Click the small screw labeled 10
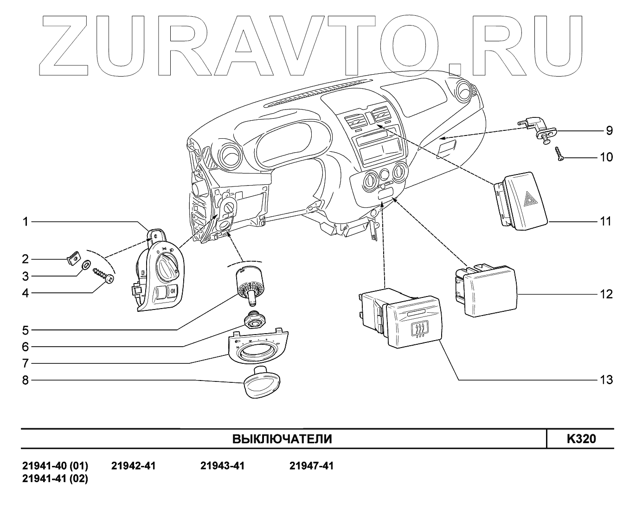[x=559, y=154]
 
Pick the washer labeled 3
[x=86, y=266]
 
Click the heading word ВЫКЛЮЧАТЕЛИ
[x=282, y=439]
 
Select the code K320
[x=581, y=439]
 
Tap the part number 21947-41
[x=311, y=465]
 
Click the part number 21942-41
[x=134, y=465]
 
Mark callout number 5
[x=26, y=330]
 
